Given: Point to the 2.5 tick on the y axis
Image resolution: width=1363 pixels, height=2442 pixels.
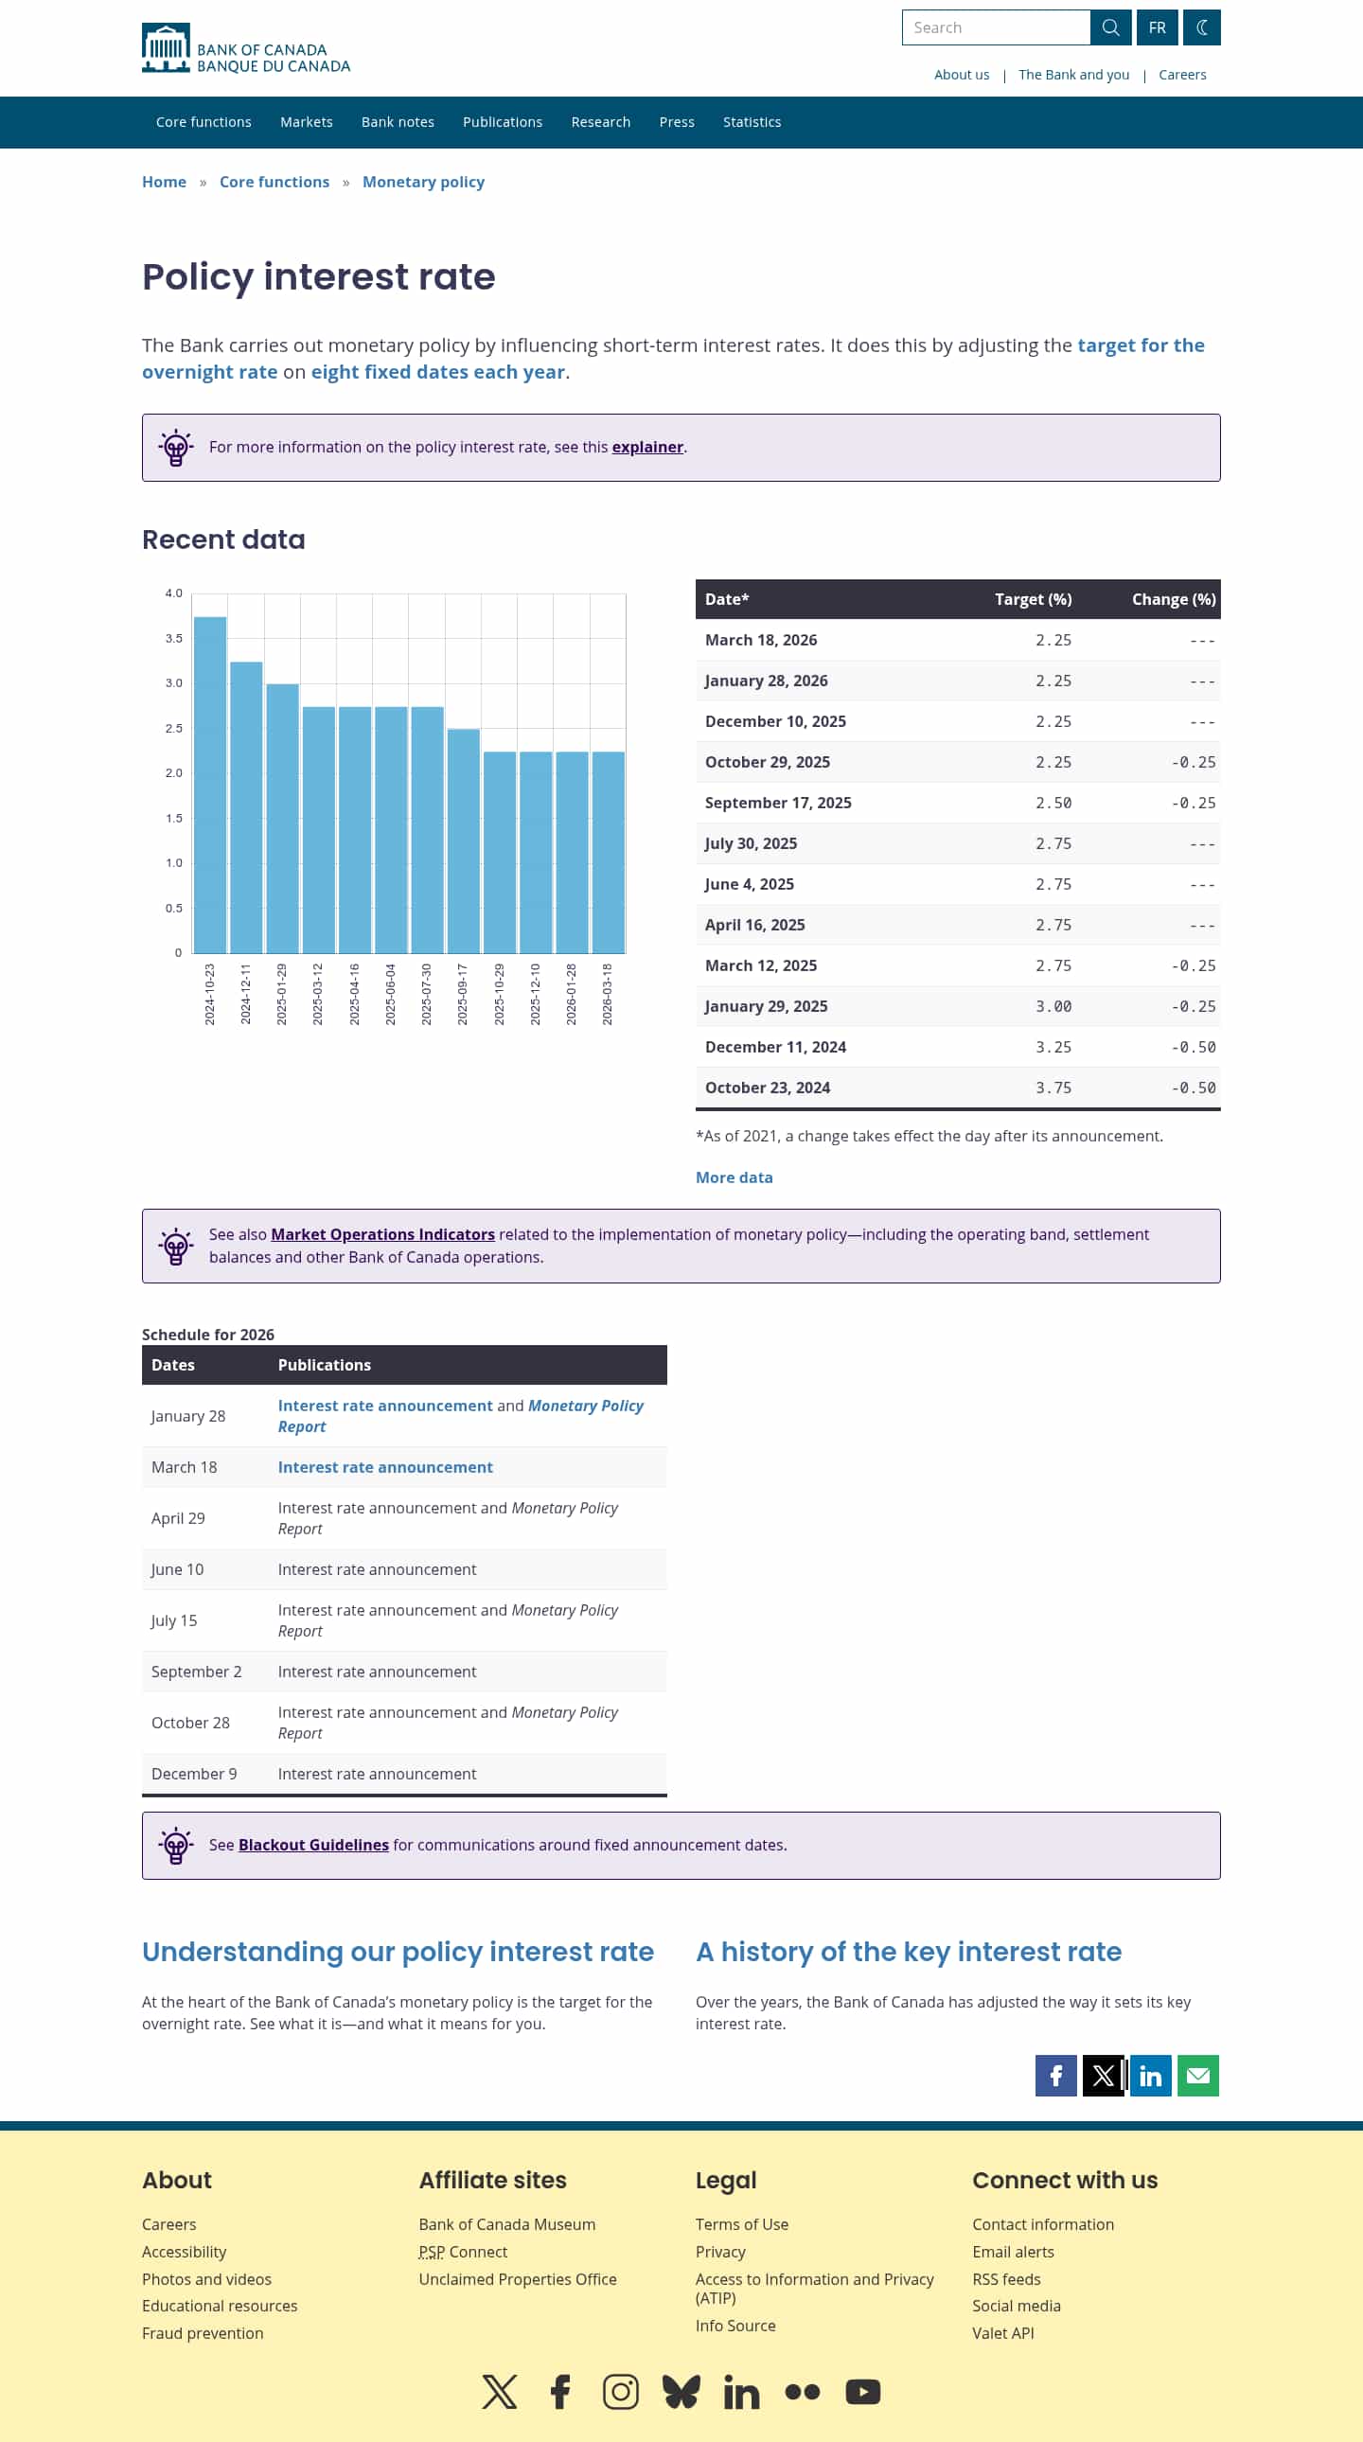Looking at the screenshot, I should coord(173,728).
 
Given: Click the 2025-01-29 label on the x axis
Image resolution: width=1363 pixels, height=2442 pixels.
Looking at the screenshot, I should coord(281,994).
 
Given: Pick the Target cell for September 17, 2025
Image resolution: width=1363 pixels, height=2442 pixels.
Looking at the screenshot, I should coord(1053,803).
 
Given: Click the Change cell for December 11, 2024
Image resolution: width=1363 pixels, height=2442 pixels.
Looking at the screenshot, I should coord(1193,1048).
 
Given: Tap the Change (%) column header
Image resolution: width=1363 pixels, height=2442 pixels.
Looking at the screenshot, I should coord(1173,599).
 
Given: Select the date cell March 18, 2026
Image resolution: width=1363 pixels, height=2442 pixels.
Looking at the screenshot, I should coord(760,640).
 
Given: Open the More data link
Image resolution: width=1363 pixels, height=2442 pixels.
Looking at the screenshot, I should coord(734,1177).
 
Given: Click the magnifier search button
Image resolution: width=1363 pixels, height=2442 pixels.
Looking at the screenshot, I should coord(1110,27).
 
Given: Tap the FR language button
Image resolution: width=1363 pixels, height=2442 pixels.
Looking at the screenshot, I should coord(1157,27).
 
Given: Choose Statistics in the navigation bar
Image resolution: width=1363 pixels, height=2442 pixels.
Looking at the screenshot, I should coord(752,122).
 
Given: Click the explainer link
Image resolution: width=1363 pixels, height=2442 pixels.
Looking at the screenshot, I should coord(646,448).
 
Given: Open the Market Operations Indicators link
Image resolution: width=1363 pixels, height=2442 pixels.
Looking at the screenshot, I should coord(382,1234).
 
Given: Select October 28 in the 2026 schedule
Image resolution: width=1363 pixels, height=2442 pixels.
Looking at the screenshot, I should coord(190,1723).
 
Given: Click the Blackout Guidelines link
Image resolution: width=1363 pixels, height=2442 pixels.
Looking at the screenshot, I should coord(312,1845).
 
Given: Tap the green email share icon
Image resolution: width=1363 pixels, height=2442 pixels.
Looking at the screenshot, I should coord(1197,2076).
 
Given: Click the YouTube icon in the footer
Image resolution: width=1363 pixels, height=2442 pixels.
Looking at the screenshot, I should coord(862,2392).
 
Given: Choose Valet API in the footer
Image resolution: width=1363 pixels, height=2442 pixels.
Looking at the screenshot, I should coord(1001,2333).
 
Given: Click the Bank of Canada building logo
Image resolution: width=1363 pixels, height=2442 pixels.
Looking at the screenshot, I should coord(166,47).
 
